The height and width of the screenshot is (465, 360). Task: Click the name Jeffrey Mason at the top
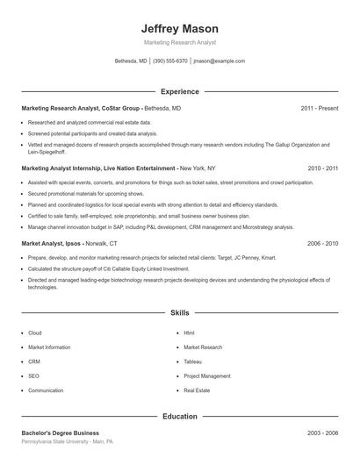coord(179,29)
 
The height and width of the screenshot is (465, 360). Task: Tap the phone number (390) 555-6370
coord(170,61)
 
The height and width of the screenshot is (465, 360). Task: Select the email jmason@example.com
coord(219,61)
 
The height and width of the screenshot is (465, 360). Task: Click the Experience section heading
coord(179,91)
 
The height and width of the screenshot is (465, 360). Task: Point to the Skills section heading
coord(179,312)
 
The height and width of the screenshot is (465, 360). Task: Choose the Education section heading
coord(179,417)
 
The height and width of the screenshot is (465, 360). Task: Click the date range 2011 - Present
coord(319,108)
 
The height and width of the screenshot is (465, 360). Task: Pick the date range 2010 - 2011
coord(322,168)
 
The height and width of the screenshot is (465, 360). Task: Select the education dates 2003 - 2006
coord(322,433)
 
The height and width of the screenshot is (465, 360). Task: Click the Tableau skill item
coord(192,361)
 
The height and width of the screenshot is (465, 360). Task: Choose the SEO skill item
coord(34,376)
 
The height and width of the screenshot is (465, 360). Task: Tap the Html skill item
coord(189,333)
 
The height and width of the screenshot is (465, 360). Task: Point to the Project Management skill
coord(206,376)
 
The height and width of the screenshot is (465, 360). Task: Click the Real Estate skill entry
coord(196,390)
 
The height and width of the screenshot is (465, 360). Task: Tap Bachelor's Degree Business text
coord(60,433)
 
